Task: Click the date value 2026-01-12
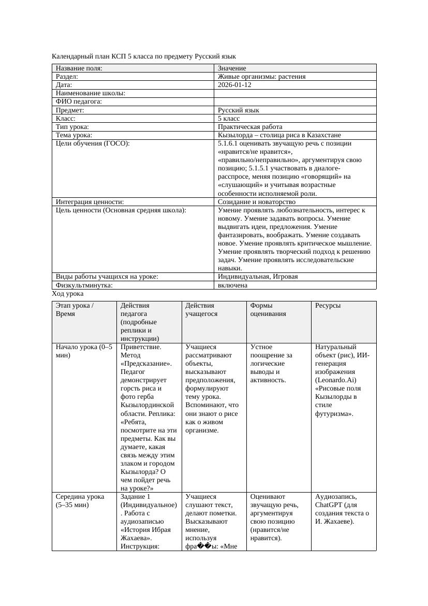[x=234, y=85]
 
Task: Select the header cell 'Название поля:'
[x=79, y=68]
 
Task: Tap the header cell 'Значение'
[x=232, y=68]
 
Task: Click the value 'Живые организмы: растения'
[x=261, y=77]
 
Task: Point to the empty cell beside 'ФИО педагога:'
[x=294, y=102]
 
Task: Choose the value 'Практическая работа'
[x=250, y=127]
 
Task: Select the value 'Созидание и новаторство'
[x=256, y=202]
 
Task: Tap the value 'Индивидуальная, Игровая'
[x=258, y=277]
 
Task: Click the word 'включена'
[x=232, y=285]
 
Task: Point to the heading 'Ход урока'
[x=68, y=294]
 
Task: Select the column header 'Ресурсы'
[x=328, y=306]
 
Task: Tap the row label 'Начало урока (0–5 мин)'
[x=84, y=351]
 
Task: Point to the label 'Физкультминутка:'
[x=84, y=285]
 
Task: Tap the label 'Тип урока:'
[x=72, y=127]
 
